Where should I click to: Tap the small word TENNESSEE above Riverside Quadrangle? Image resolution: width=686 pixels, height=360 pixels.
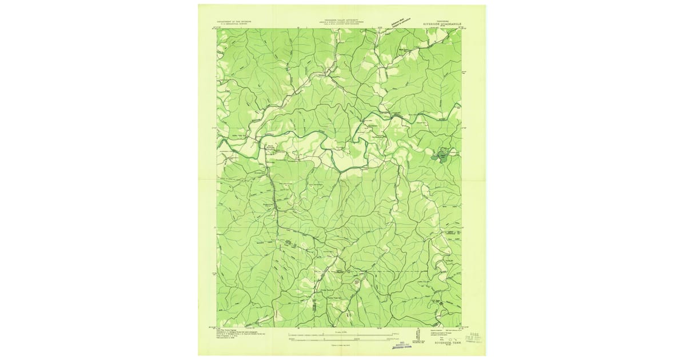tap(444, 19)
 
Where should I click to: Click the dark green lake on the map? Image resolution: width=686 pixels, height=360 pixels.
tap(442, 155)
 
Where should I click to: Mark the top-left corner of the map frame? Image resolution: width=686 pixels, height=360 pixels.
tap(217, 29)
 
